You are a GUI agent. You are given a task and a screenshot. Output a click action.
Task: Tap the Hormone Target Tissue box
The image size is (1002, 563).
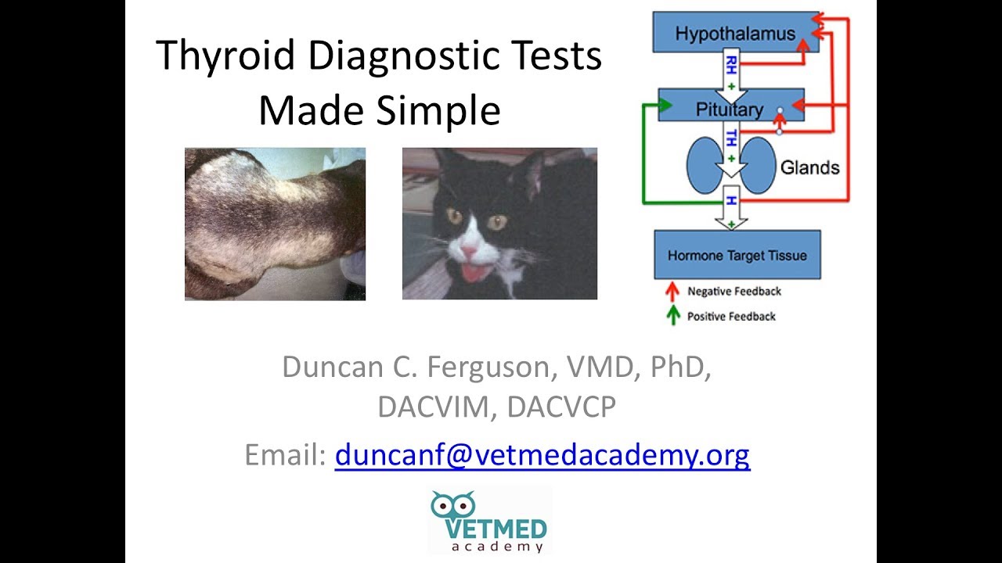[x=737, y=255]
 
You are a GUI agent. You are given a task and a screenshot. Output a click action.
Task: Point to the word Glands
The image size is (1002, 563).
[x=809, y=167]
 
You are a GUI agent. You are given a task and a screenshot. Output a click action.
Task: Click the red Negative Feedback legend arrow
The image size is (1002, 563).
[x=671, y=292]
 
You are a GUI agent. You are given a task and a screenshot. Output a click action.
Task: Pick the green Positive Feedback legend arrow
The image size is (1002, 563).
[x=671, y=316]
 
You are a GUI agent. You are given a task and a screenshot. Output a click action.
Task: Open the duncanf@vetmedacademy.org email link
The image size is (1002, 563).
[x=542, y=454]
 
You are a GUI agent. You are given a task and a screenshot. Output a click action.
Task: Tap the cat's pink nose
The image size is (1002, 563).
[x=468, y=252]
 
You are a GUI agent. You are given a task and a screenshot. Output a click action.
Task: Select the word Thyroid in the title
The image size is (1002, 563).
[x=225, y=56]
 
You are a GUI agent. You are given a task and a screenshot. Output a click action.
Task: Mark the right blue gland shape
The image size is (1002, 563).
[x=757, y=166]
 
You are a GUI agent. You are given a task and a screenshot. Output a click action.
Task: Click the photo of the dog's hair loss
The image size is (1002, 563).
[x=275, y=224]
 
